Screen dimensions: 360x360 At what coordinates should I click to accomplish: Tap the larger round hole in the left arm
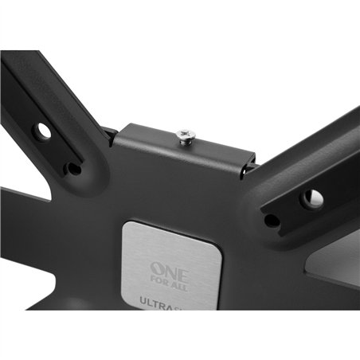click(x=42, y=128)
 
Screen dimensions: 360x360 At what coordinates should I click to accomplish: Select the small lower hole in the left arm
click(x=73, y=168)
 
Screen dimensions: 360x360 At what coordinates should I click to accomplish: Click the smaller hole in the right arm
click(x=272, y=220)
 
